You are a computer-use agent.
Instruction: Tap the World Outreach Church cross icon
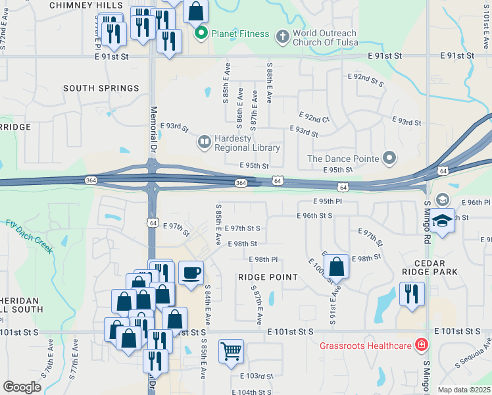282,36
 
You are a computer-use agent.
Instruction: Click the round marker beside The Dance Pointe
390,158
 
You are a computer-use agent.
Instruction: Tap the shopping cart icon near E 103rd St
231,351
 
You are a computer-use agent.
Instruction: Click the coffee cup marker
191,273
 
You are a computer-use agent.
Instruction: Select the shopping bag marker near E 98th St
336,267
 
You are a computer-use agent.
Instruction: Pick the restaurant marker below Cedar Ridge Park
412,293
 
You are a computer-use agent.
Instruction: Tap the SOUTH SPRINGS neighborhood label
101,88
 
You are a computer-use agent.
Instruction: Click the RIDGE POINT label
268,278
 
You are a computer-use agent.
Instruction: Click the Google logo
22,387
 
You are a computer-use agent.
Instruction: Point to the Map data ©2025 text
464,390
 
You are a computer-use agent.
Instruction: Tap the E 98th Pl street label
266,259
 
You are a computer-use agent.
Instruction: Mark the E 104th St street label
251,391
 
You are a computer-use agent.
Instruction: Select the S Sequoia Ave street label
474,356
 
